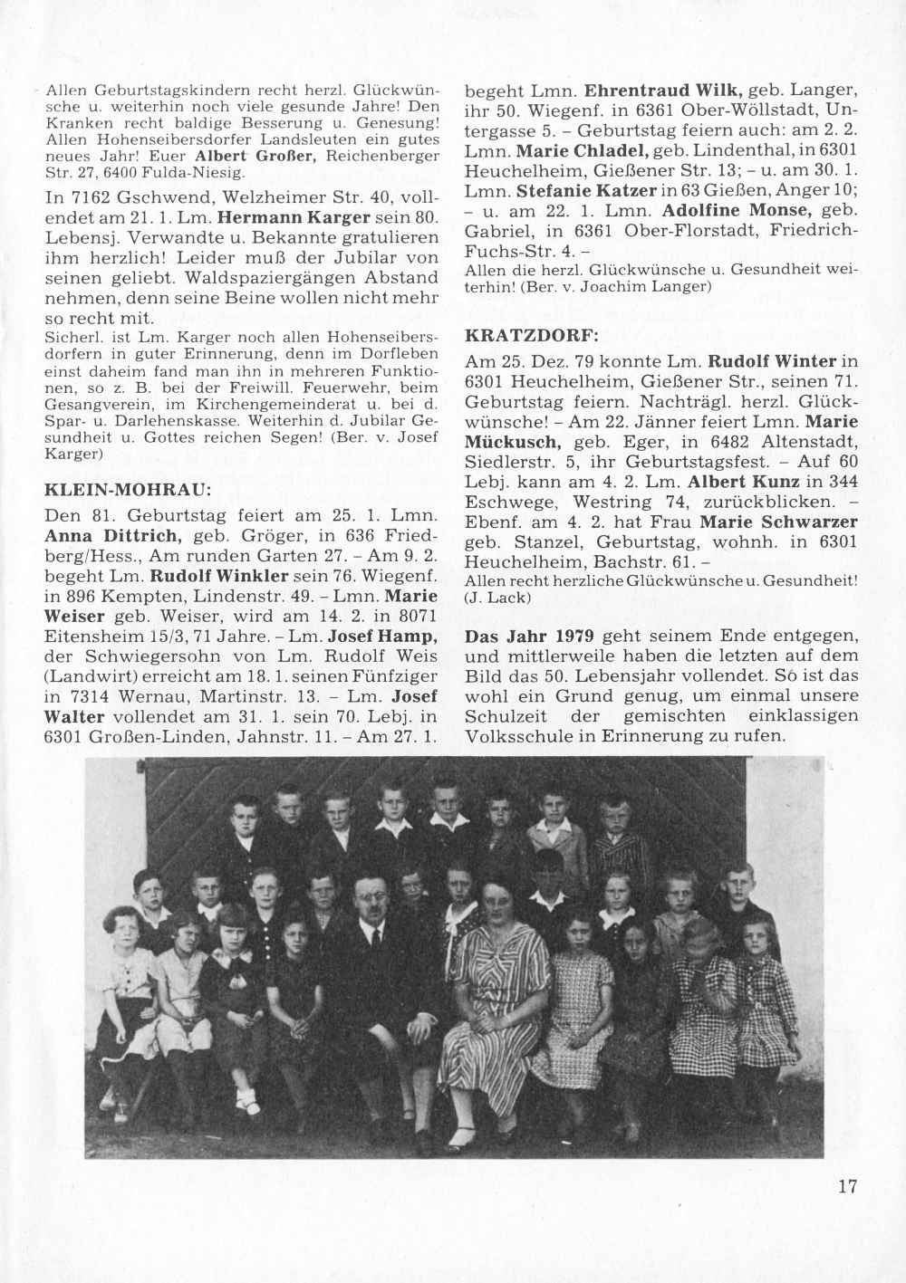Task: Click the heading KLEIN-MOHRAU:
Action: click(x=128, y=490)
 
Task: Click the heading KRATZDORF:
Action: click(x=531, y=334)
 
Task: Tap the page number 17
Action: click(x=847, y=1187)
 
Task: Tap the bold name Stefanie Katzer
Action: click(x=583, y=190)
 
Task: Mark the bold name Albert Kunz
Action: click(x=735, y=481)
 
